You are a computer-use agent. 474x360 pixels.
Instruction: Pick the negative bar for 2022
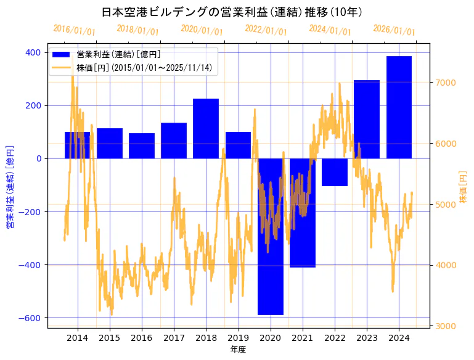coord(335,172)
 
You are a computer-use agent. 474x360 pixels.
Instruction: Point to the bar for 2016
coord(142,145)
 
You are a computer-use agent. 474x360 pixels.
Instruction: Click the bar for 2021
coord(303,213)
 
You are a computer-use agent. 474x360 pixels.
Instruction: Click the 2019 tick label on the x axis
coord(238,338)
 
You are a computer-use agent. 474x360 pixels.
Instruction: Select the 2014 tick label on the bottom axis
coord(78,338)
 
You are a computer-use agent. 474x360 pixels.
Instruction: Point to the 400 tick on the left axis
coord(34,52)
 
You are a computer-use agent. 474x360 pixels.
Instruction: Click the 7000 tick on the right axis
coord(444,83)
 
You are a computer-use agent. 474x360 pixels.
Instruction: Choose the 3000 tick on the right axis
coord(444,325)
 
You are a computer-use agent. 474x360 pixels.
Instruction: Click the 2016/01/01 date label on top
coord(75,30)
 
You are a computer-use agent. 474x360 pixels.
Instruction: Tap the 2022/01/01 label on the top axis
coord(266,30)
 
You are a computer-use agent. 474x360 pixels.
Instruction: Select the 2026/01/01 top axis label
coord(394,30)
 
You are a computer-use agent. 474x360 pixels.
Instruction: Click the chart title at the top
coord(232,12)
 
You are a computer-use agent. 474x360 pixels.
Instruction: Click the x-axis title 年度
coord(238,350)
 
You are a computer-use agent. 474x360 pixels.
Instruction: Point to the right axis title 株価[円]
coord(464,187)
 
